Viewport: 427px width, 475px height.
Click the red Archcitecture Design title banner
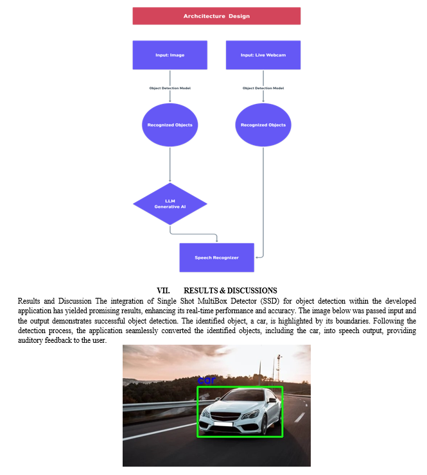click(216, 16)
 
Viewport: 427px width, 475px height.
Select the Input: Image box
click(170, 55)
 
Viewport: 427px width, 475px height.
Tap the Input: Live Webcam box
click(263, 55)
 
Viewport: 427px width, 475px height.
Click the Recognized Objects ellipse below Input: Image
click(170, 125)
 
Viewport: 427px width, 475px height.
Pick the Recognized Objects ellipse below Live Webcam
click(263, 125)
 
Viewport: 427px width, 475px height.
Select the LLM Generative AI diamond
click(170, 204)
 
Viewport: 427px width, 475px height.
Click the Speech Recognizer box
click(216, 257)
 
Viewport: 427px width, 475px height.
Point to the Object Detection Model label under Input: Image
click(170, 88)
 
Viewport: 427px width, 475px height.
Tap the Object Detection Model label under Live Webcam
click(263, 88)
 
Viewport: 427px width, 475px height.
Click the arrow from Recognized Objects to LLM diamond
click(170, 164)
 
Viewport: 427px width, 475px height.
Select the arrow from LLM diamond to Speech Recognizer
click(193, 234)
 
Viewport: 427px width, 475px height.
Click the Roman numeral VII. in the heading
click(163, 291)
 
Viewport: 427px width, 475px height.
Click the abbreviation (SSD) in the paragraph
click(270, 301)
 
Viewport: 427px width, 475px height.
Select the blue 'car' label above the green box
click(206, 380)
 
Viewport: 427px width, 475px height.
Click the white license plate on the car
click(223, 424)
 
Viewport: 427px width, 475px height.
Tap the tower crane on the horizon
click(278, 368)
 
